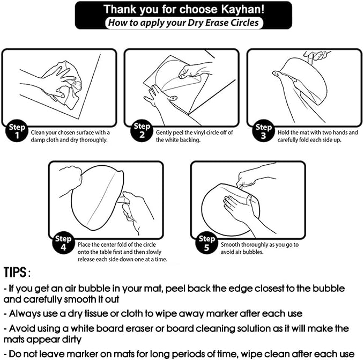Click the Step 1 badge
pos(17,131)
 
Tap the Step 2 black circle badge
pos(142,130)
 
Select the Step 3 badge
pos(263,131)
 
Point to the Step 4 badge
pos(63,243)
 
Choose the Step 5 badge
pos(206,243)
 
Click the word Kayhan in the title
pos(243,10)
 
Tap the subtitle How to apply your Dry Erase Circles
pos(183,23)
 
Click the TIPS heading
pos(17,272)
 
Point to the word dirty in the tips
pos(72,340)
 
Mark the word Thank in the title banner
pos(120,10)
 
